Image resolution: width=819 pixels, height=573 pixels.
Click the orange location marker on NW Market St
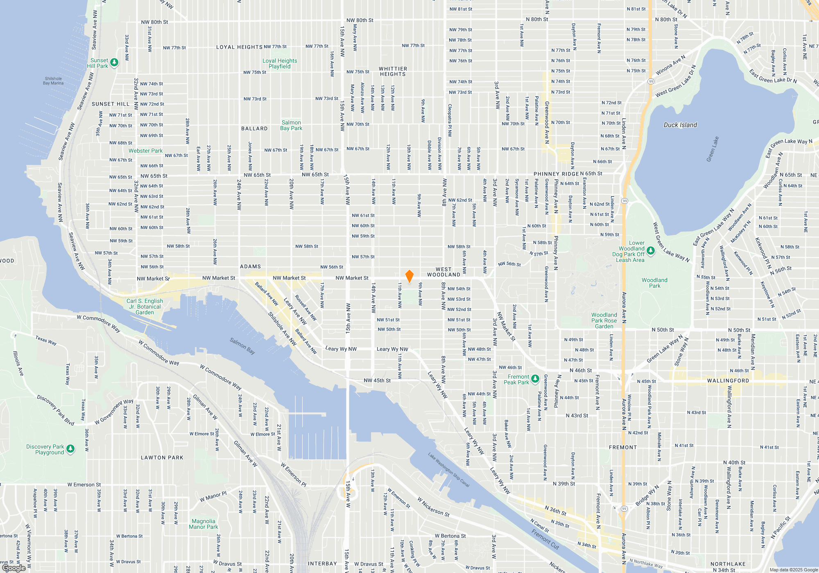[x=409, y=276]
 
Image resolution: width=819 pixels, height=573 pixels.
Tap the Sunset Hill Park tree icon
[x=115, y=63]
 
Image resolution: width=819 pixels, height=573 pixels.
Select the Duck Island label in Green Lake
[x=680, y=125]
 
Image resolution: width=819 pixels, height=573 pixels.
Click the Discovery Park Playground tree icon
[x=70, y=449]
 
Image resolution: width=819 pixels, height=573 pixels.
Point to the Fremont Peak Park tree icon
[x=535, y=379]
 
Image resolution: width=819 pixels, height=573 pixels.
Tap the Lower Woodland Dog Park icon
[x=651, y=250]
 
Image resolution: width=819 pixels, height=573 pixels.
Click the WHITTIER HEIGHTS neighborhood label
[x=393, y=72]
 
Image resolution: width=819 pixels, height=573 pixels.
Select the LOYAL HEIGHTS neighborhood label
[x=239, y=47]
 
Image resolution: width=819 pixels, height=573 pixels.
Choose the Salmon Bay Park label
[x=291, y=125]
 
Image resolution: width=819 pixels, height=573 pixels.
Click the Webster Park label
[x=145, y=151]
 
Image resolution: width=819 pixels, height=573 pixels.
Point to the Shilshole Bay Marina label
[x=53, y=81]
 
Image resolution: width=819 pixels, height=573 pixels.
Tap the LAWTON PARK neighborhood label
[x=162, y=458]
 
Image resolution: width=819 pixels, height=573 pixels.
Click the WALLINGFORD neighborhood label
[x=728, y=381]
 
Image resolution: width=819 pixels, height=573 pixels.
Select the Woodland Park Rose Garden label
[x=604, y=320]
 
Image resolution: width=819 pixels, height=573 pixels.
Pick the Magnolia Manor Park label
[x=203, y=524]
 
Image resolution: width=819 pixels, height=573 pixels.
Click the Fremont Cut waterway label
[x=545, y=539]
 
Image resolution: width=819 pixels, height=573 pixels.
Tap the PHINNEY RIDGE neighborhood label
[x=556, y=174]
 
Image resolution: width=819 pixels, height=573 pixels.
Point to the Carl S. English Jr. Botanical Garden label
[x=145, y=307]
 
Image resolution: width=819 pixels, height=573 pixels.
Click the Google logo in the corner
[x=14, y=568]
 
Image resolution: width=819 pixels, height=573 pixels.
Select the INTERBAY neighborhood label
[x=322, y=564]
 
